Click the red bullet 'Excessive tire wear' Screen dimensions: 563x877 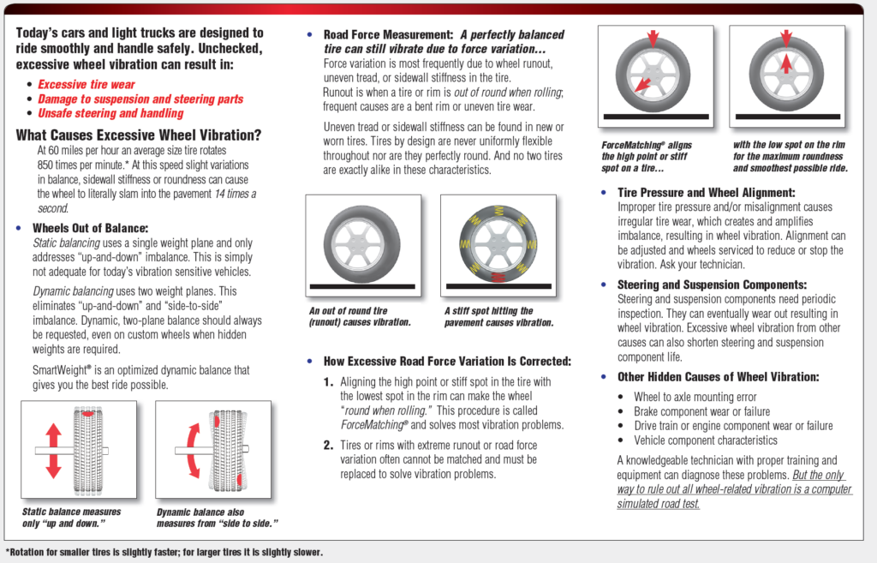coord(87,85)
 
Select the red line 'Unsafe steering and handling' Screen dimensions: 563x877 coord(110,113)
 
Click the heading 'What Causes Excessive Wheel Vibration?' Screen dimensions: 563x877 coord(139,135)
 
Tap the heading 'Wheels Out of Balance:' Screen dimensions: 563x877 coord(90,228)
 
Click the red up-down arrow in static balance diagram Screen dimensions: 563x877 coord(53,449)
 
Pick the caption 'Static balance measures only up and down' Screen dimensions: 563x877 coord(72,517)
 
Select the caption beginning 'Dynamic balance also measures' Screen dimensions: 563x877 coord(218,518)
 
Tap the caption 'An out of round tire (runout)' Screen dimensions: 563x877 coord(360,316)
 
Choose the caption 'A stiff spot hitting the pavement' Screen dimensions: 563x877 coord(498,316)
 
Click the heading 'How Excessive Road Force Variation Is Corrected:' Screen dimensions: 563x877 coord(446,362)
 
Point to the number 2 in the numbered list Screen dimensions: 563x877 coord(328,445)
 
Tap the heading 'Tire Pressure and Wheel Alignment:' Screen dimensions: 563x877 coord(706,193)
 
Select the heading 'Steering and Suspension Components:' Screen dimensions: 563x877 coord(712,284)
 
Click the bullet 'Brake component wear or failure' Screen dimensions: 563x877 coord(701,411)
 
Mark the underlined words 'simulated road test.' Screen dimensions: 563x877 coord(658,503)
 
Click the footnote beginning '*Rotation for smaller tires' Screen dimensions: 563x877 coord(164,552)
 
